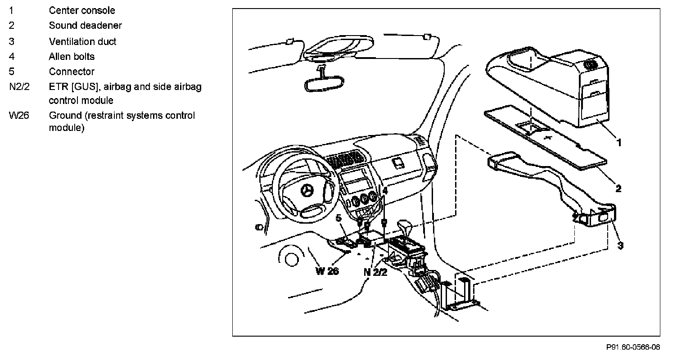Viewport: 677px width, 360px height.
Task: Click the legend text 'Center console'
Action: (82, 10)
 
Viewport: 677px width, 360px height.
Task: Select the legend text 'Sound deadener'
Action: (85, 26)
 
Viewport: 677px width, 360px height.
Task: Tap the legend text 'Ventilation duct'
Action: (82, 41)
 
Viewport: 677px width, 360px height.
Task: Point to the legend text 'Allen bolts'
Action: (72, 56)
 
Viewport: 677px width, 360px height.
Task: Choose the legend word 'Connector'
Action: (72, 72)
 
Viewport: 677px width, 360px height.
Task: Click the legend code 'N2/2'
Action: (19, 87)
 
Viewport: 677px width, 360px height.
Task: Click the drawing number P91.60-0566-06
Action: (633, 347)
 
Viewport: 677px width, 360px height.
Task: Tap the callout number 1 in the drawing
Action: (619, 143)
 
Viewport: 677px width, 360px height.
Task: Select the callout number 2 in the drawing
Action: (618, 189)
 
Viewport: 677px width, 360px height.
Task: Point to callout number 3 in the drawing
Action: (620, 246)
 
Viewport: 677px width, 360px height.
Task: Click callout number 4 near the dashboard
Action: (385, 191)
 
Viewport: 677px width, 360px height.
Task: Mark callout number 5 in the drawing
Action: (338, 218)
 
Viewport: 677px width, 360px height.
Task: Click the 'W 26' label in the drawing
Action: (327, 271)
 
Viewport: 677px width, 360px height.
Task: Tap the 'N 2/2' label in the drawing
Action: (375, 272)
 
